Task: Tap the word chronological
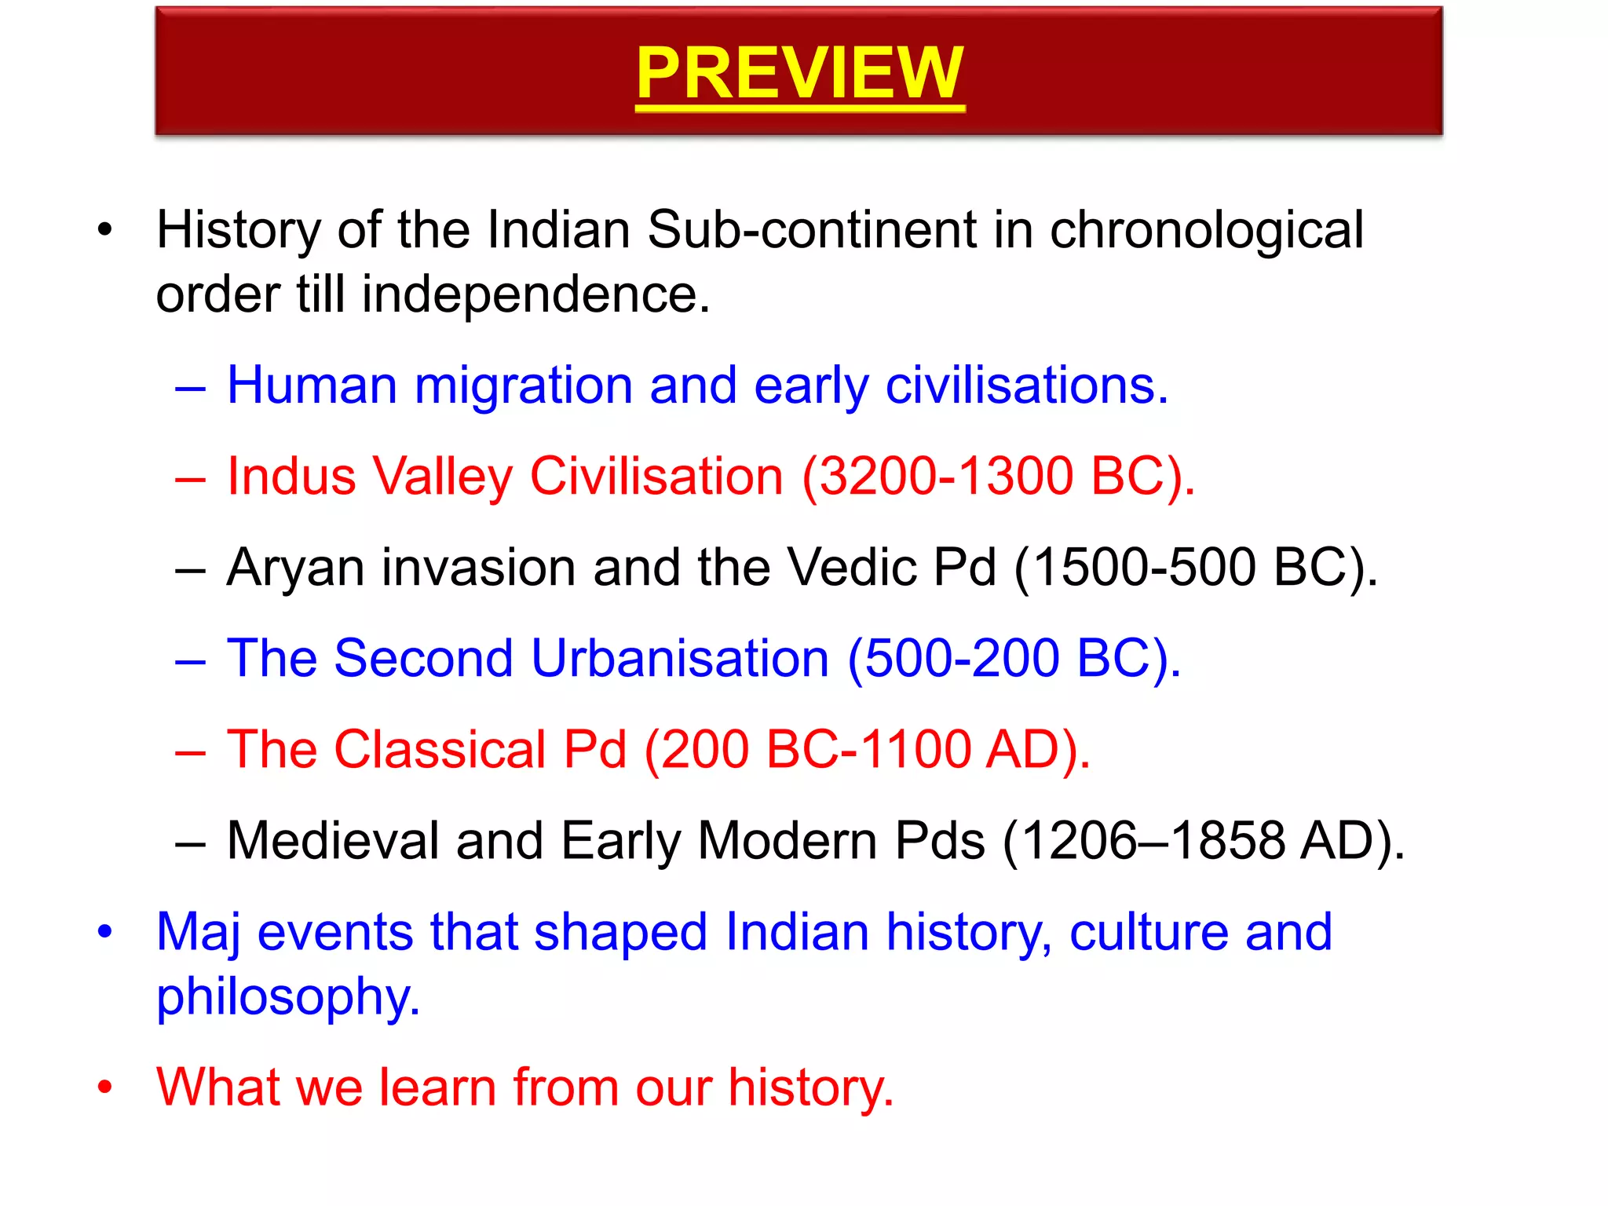point(1206,232)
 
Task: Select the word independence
point(535,294)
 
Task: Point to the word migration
point(523,386)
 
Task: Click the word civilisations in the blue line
point(1026,386)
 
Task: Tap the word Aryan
point(295,568)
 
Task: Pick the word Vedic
point(851,568)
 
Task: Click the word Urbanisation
point(680,659)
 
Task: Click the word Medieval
point(333,841)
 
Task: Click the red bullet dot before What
point(104,1088)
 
